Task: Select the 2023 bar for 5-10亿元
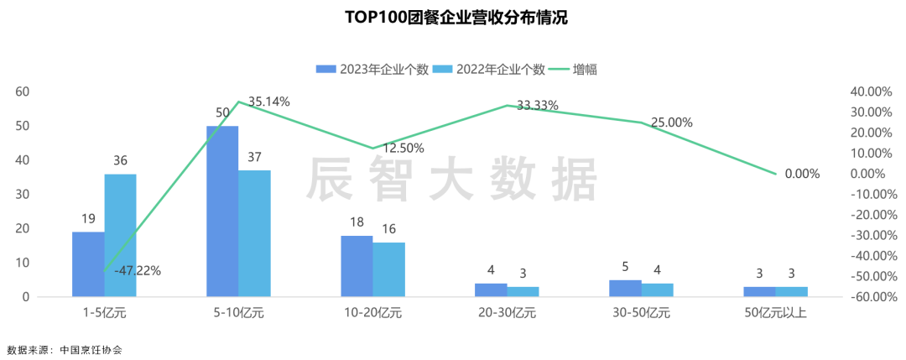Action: tap(222, 211)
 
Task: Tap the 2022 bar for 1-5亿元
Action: tap(120, 235)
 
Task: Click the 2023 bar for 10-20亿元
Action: tap(357, 266)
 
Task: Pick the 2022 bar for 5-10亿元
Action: tap(255, 233)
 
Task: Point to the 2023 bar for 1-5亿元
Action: tap(88, 264)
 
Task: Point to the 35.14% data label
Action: tap(269, 102)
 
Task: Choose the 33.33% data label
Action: tap(538, 105)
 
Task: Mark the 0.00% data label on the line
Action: tap(802, 174)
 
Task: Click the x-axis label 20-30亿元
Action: tap(508, 314)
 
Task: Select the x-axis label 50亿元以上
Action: tap(776, 314)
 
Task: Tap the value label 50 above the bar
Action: tap(222, 112)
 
